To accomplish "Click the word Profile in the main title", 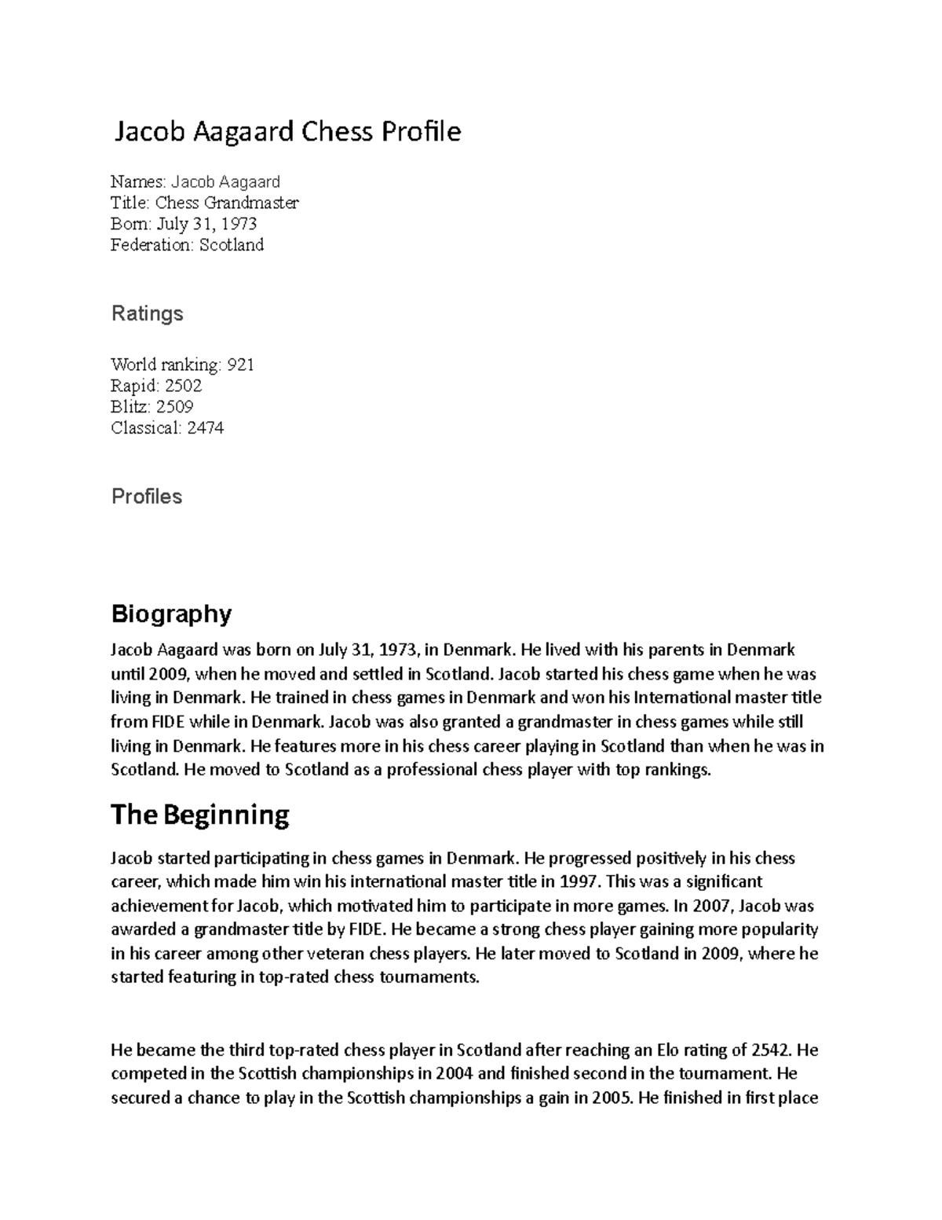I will coord(422,132).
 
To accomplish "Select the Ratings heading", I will coord(147,313).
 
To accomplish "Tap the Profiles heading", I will coord(147,496).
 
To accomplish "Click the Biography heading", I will coord(171,614).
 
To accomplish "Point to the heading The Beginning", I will coord(200,815).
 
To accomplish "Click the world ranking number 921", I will coord(240,365).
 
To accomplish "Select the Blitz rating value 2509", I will coord(174,407).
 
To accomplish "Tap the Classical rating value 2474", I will coord(205,428).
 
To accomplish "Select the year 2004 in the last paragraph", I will coord(455,1074).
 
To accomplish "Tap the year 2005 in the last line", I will coord(611,1098).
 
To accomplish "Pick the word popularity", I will coord(776,930).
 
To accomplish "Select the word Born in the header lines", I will coord(130,224).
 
